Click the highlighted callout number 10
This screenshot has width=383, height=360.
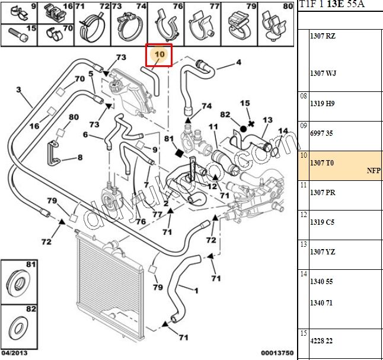click(x=159, y=55)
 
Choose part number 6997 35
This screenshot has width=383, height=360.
click(x=323, y=133)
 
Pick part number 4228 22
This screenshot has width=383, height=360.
click(x=323, y=340)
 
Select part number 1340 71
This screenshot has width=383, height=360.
click(x=323, y=302)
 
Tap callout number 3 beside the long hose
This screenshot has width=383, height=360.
click(x=18, y=90)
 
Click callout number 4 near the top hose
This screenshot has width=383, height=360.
click(x=239, y=62)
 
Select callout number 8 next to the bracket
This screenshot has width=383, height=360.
click(x=80, y=158)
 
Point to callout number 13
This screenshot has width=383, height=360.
click(x=267, y=120)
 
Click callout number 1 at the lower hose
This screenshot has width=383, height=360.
click(x=196, y=290)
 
